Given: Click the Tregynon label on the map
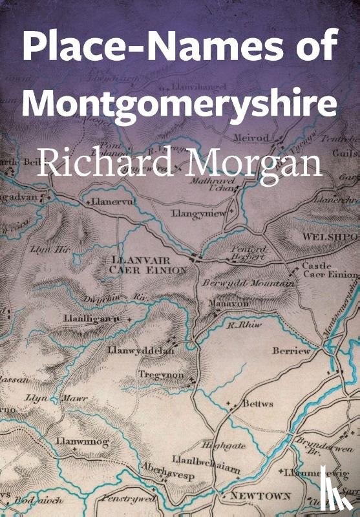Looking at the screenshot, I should (x=161, y=375).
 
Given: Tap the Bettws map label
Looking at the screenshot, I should (x=258, y=404).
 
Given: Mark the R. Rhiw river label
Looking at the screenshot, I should (x=244, y=326).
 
